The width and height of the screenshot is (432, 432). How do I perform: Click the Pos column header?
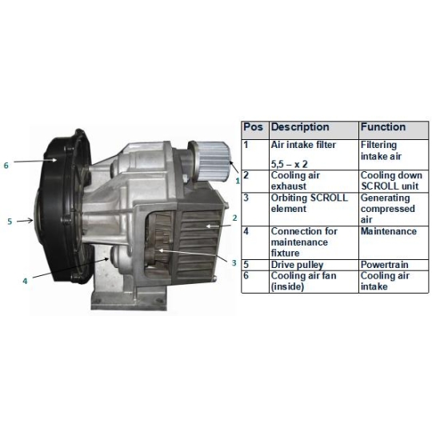coord(255,130)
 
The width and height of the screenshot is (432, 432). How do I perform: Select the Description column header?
coord(314,130)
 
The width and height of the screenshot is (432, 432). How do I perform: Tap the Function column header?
coord(394,130)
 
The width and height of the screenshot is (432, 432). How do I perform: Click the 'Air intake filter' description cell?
coord(314,154)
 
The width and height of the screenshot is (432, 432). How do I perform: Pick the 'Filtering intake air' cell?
coord(394,154)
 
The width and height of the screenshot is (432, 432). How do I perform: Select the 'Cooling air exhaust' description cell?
coord(314,181)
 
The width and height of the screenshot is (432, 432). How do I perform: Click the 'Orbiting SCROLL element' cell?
coord(314,209)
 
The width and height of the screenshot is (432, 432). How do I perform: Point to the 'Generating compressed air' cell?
coord(394,209)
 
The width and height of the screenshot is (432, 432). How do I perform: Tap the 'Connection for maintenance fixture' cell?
coord(314,242)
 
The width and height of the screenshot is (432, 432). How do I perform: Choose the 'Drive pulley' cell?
coord(314,265)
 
